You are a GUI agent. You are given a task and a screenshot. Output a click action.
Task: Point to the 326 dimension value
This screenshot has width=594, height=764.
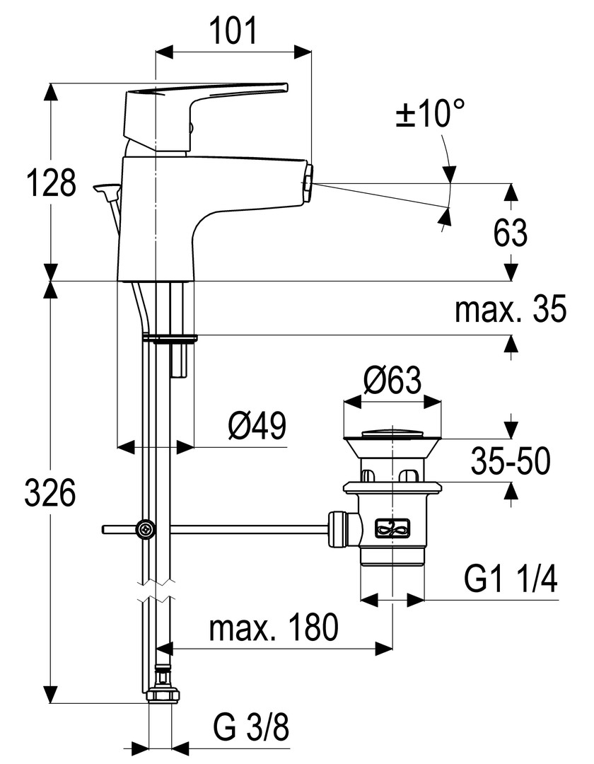(50, 493)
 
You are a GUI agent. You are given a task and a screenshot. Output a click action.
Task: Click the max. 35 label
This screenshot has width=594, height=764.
(511, 309)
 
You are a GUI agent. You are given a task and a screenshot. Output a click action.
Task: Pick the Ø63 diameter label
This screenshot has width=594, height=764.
(392, 381)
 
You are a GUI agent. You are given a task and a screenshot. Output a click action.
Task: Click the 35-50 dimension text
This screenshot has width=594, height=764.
(511, 463)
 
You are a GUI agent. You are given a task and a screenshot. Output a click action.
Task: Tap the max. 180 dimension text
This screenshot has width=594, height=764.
(274, 627)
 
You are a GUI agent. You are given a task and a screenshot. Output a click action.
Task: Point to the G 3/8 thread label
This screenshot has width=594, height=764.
(251, 729)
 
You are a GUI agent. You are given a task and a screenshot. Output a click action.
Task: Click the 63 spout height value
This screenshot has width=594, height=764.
(511, 233)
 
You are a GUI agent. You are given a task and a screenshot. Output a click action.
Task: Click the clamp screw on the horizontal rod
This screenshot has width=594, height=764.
(146, 528)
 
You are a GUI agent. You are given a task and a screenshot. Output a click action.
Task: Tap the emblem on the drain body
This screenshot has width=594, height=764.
(393, 526)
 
